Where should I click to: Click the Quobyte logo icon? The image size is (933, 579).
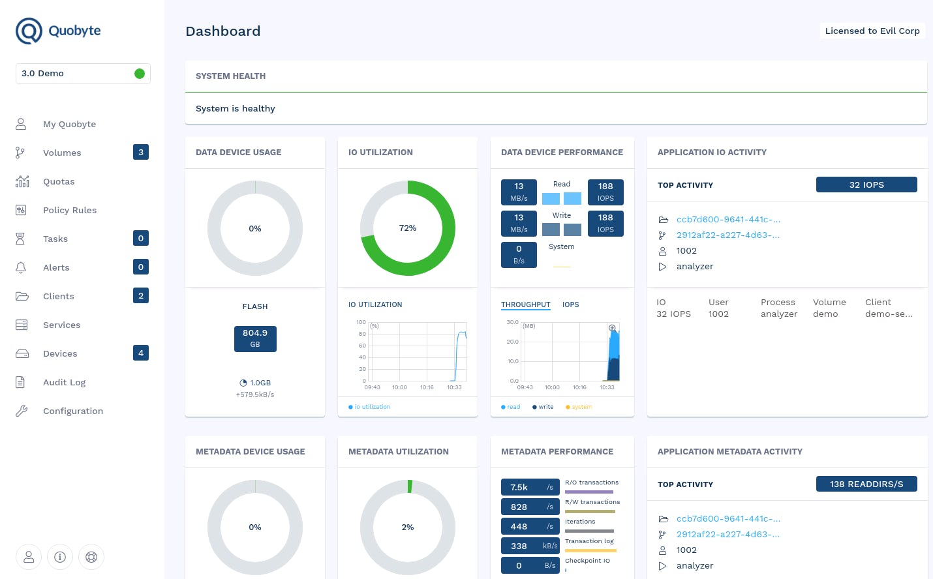[x=29, y=31]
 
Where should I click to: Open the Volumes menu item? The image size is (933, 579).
[x=62, y=153]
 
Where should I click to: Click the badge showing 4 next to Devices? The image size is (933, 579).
[x=141, y=353]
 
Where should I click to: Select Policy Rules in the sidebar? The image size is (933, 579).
[x=69, y=210]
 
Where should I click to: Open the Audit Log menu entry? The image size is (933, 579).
[x=64, y=382]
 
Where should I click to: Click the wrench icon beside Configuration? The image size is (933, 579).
[x=22, y=411]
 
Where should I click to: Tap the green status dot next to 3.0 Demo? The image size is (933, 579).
[x=139, y=74]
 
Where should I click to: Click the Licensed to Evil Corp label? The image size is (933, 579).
[x=872, y=31]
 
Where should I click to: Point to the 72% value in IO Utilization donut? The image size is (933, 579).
[x=408, y=228]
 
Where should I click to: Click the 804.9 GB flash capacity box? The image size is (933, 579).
[x=255, y=338]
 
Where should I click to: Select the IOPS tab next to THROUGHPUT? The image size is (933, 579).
[x=570, y=304]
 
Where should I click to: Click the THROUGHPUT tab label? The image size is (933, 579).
[x=525, y=304]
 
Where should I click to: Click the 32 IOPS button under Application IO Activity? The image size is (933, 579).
[x=866, y=185]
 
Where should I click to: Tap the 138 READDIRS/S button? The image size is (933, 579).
[x=866, y=484]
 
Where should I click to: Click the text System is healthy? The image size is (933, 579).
[x=236, y=108]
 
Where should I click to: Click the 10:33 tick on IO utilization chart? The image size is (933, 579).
[x=454, y=387]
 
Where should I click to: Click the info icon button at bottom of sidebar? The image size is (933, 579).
[x=60, y=557]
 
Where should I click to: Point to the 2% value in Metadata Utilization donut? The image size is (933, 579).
[x=408, y=527]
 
